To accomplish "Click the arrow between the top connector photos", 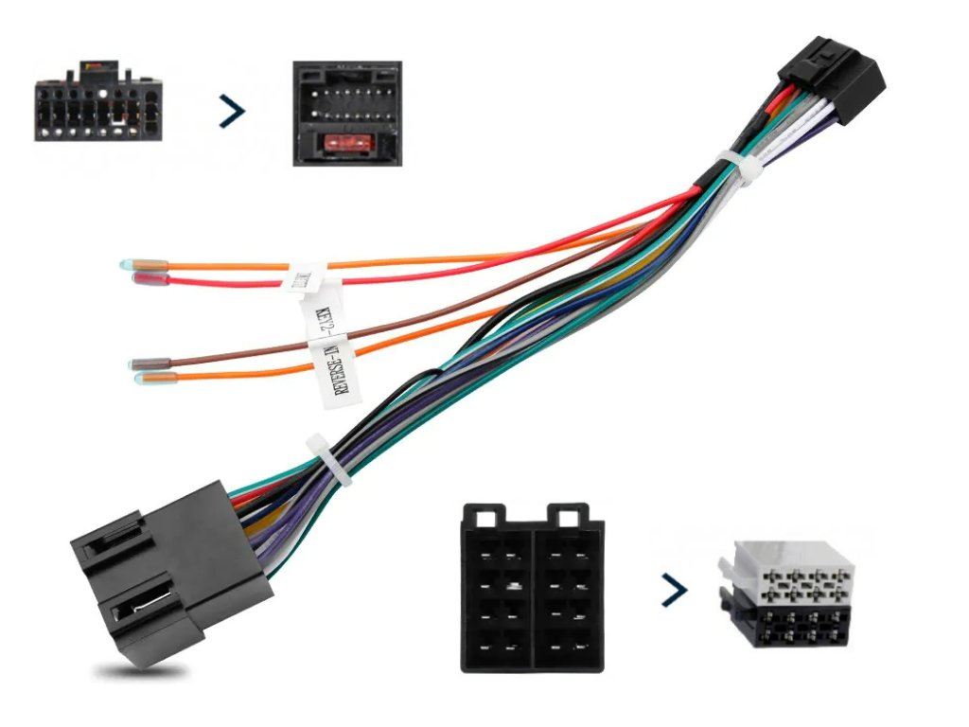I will pyautogui.click(x=232, y=112).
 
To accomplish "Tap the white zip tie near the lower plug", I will pyautogui.click(x=326, y=460).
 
